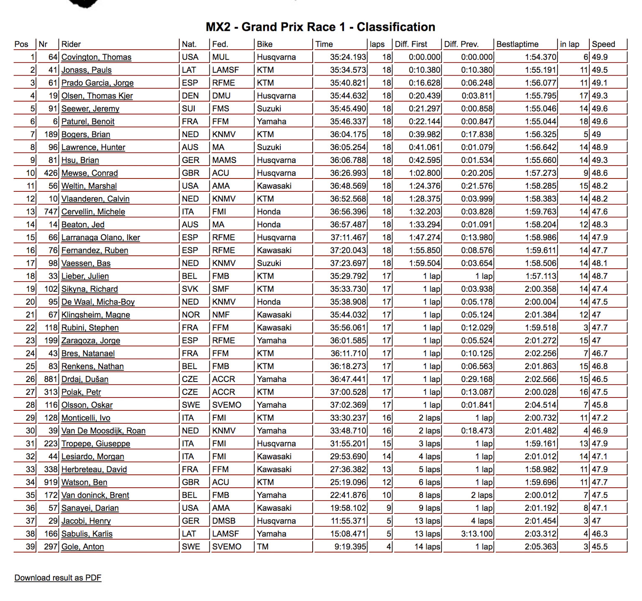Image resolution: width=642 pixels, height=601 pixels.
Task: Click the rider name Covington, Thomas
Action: (96, 57)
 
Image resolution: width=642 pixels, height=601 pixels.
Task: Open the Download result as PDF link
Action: (58, 578)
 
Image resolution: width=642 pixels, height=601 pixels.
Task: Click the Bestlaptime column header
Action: (517, 44)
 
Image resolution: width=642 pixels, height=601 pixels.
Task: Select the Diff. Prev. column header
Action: (461, 44)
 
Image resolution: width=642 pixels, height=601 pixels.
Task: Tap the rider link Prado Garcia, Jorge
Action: (97, 83)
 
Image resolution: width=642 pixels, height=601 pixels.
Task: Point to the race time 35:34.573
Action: (348, 70)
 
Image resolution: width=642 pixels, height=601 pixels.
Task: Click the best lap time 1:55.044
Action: (540, 122)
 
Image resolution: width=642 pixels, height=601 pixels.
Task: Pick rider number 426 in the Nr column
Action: (51, 173)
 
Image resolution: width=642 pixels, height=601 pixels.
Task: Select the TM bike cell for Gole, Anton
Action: (262, 547)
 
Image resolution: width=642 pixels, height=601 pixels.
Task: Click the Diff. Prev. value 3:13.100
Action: (477, 534)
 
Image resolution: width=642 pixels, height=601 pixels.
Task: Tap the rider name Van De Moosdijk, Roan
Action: (103, 431)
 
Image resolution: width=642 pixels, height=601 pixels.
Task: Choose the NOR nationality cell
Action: (191, 315)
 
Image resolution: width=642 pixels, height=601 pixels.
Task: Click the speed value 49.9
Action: (600, 57)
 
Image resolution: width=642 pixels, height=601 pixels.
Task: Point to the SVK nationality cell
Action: (190, 289)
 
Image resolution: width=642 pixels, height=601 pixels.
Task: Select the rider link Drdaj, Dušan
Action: (85, 379)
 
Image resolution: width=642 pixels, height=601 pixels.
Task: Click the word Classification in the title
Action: (396, 27)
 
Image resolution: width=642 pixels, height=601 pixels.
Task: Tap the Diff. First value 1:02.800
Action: (424, 173)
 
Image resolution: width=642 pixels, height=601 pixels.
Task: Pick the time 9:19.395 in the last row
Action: (350, 547)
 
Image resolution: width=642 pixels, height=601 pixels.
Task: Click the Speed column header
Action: (603, 44)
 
